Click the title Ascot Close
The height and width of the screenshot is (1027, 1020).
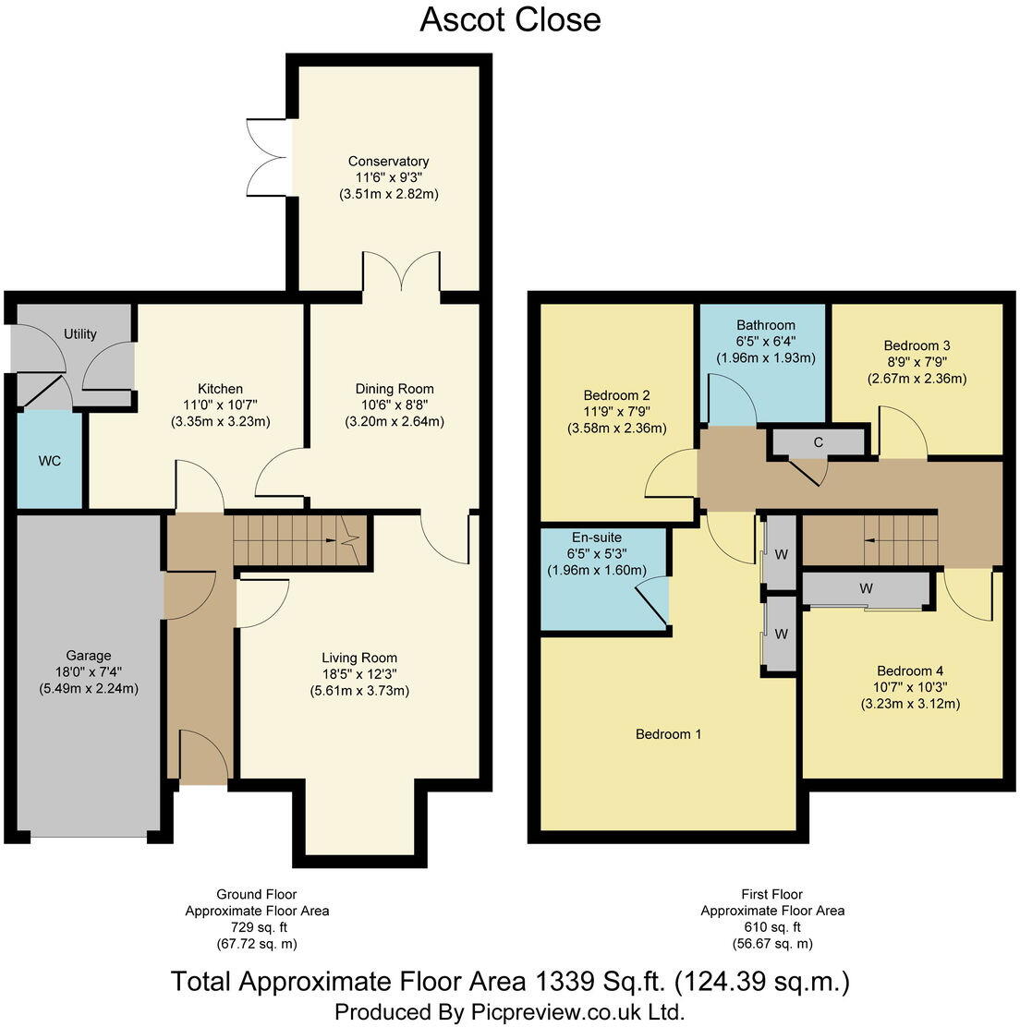510,19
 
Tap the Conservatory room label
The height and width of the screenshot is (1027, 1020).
388,162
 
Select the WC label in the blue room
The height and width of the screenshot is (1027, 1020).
50,460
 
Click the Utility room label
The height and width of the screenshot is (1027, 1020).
80,334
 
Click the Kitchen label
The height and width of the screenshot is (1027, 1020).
220,389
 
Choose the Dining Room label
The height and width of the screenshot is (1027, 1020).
395,389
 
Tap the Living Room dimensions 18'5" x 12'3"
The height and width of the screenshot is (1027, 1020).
360,674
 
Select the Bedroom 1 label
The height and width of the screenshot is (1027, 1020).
668,734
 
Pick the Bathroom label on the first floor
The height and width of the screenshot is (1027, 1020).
766,325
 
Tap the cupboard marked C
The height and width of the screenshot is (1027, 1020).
818,442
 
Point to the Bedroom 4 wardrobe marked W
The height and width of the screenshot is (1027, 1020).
866,589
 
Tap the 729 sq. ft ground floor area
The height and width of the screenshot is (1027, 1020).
257,927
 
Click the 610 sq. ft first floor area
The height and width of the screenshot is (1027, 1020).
772,927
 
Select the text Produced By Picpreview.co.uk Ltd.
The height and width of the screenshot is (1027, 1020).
510,1011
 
